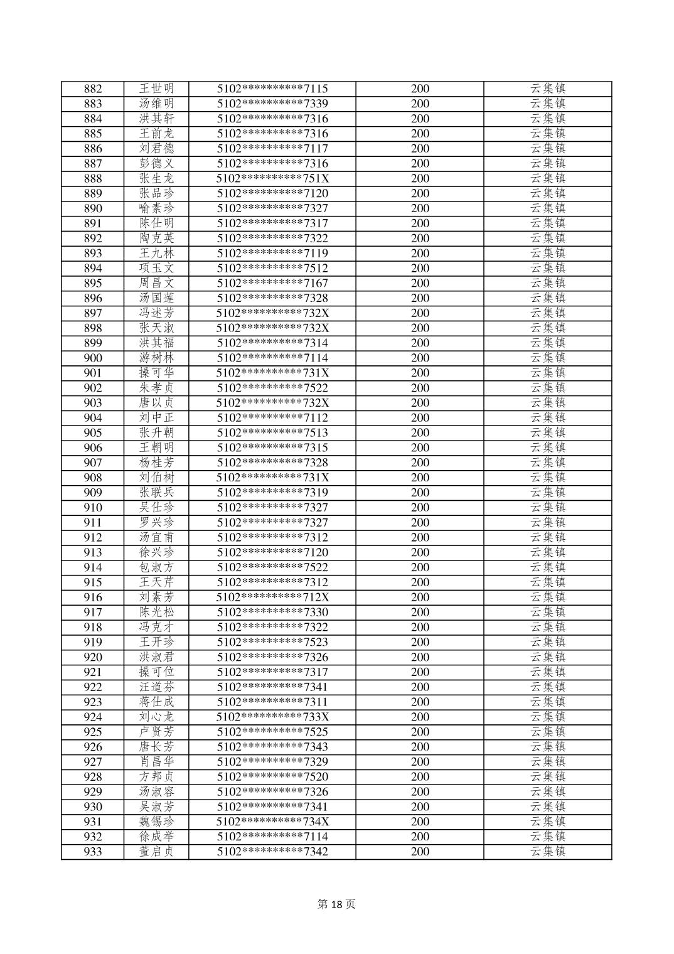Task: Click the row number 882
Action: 93,89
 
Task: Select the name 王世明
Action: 156,89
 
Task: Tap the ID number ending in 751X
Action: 272,179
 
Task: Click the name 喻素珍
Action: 156,208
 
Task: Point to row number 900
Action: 93,358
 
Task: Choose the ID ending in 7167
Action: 272,284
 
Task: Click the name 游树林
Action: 156,358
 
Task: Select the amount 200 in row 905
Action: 420,433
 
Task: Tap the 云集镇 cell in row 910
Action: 548,508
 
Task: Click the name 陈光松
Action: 156,613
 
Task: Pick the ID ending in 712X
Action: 272,598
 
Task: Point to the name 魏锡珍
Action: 156,822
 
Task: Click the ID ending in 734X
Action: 272,822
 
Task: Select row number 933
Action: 93,852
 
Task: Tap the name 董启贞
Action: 156,852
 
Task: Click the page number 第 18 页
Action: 336,904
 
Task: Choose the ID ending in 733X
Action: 272,717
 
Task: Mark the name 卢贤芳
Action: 156,732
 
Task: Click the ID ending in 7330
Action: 272,613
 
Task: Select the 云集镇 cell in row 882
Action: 548,89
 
